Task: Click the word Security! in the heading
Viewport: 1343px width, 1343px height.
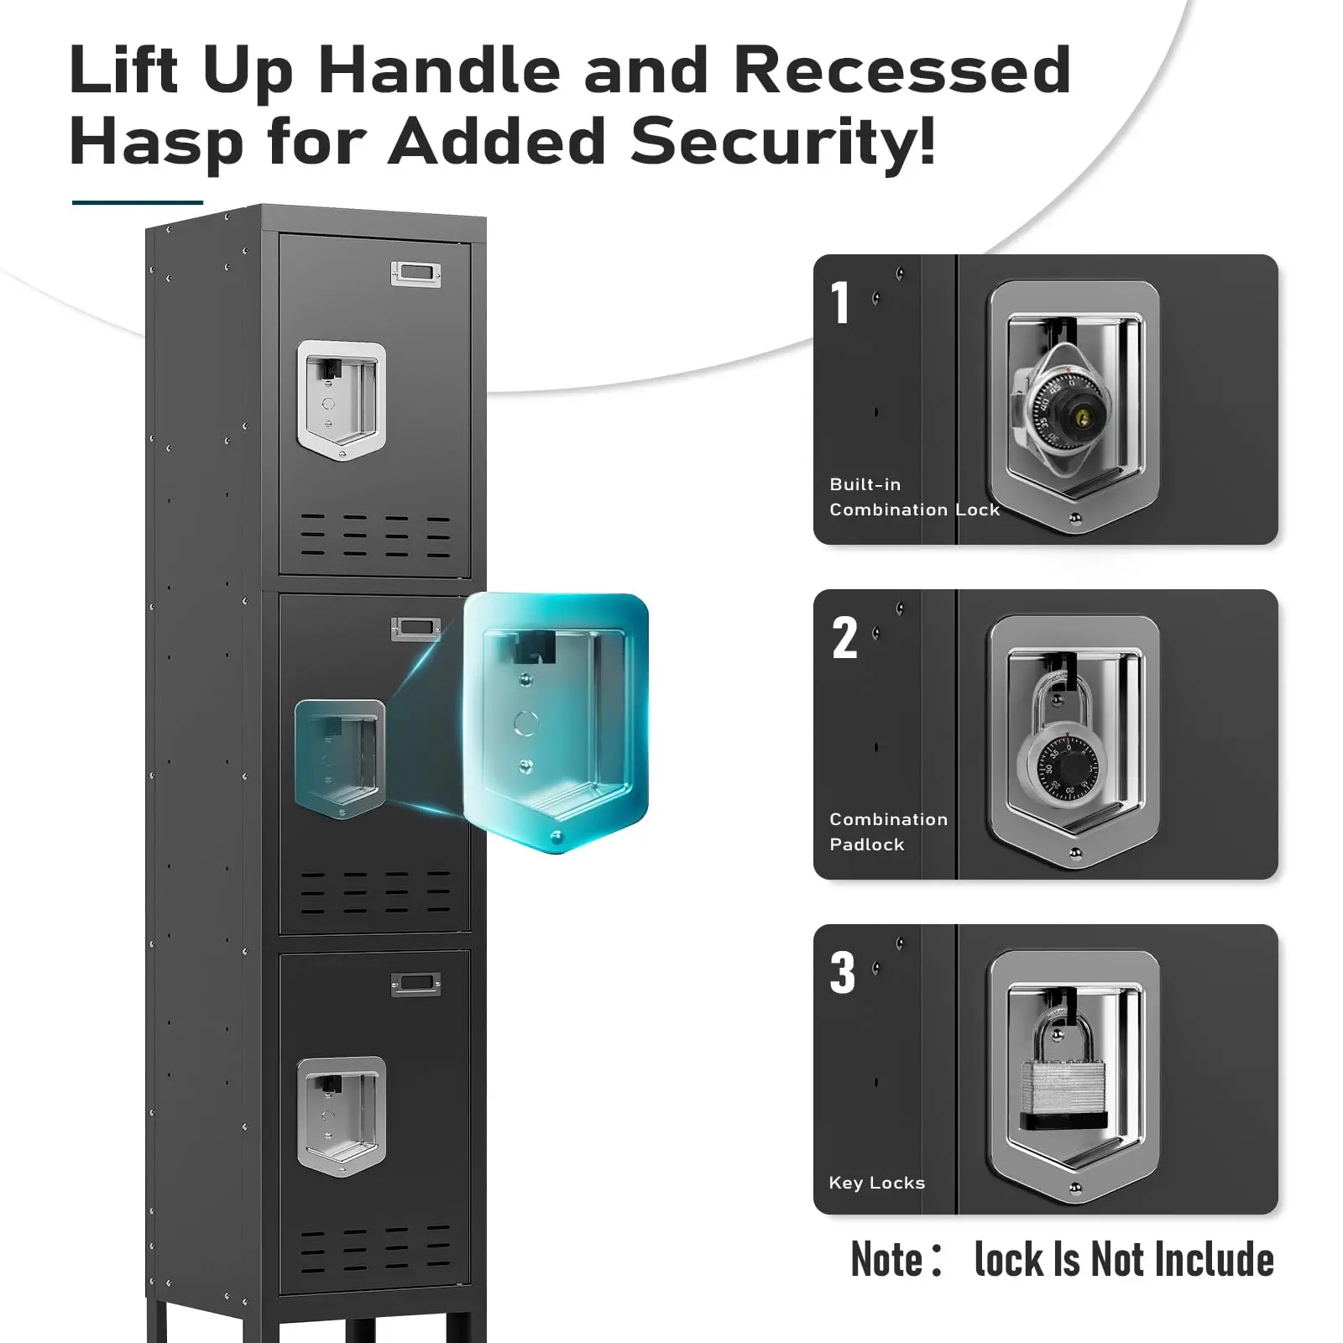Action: pyautogui.click(x=782, y=141)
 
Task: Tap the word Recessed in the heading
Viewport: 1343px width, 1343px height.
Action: pyautogui.click(x=901, y=70)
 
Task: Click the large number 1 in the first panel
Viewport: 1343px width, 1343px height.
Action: pyautogui.click(x=840, y=303)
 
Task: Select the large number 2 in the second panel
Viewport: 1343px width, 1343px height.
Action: pyautogui.click(x=844, y=638)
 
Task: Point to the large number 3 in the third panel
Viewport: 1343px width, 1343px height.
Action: pyautogui.click(x=843, y=973)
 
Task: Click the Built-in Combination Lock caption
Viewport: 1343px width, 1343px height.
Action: pyautogui.click(x=913, y=497)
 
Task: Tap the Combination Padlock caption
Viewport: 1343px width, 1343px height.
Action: pyautogui.click(x=887, y=832)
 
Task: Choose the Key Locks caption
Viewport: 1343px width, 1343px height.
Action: pyautogui.click(x=876, y=1183)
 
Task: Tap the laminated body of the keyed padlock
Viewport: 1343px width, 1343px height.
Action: pyautogui.click(x=1063, y=1092)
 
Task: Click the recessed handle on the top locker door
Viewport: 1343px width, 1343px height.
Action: pyautogui.click(x=342, y=399)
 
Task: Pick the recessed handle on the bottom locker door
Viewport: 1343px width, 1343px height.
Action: pyautogui.click(x=342, y=1115)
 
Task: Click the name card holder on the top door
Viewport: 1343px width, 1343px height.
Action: pyautogui.click(x=415, y=274)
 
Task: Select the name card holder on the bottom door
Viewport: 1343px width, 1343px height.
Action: pyautogui.click(x=415, y=984)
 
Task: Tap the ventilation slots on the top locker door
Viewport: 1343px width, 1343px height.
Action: pyautogui.click(x=375, y=536)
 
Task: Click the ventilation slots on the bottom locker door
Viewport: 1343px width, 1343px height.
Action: pyautogui.click(x=375, y=1251)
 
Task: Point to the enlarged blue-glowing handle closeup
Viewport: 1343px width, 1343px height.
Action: pyautogui.click(x=556, y=722)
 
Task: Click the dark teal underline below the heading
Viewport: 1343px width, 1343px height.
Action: pyautogui.click(x=138, y=202)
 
